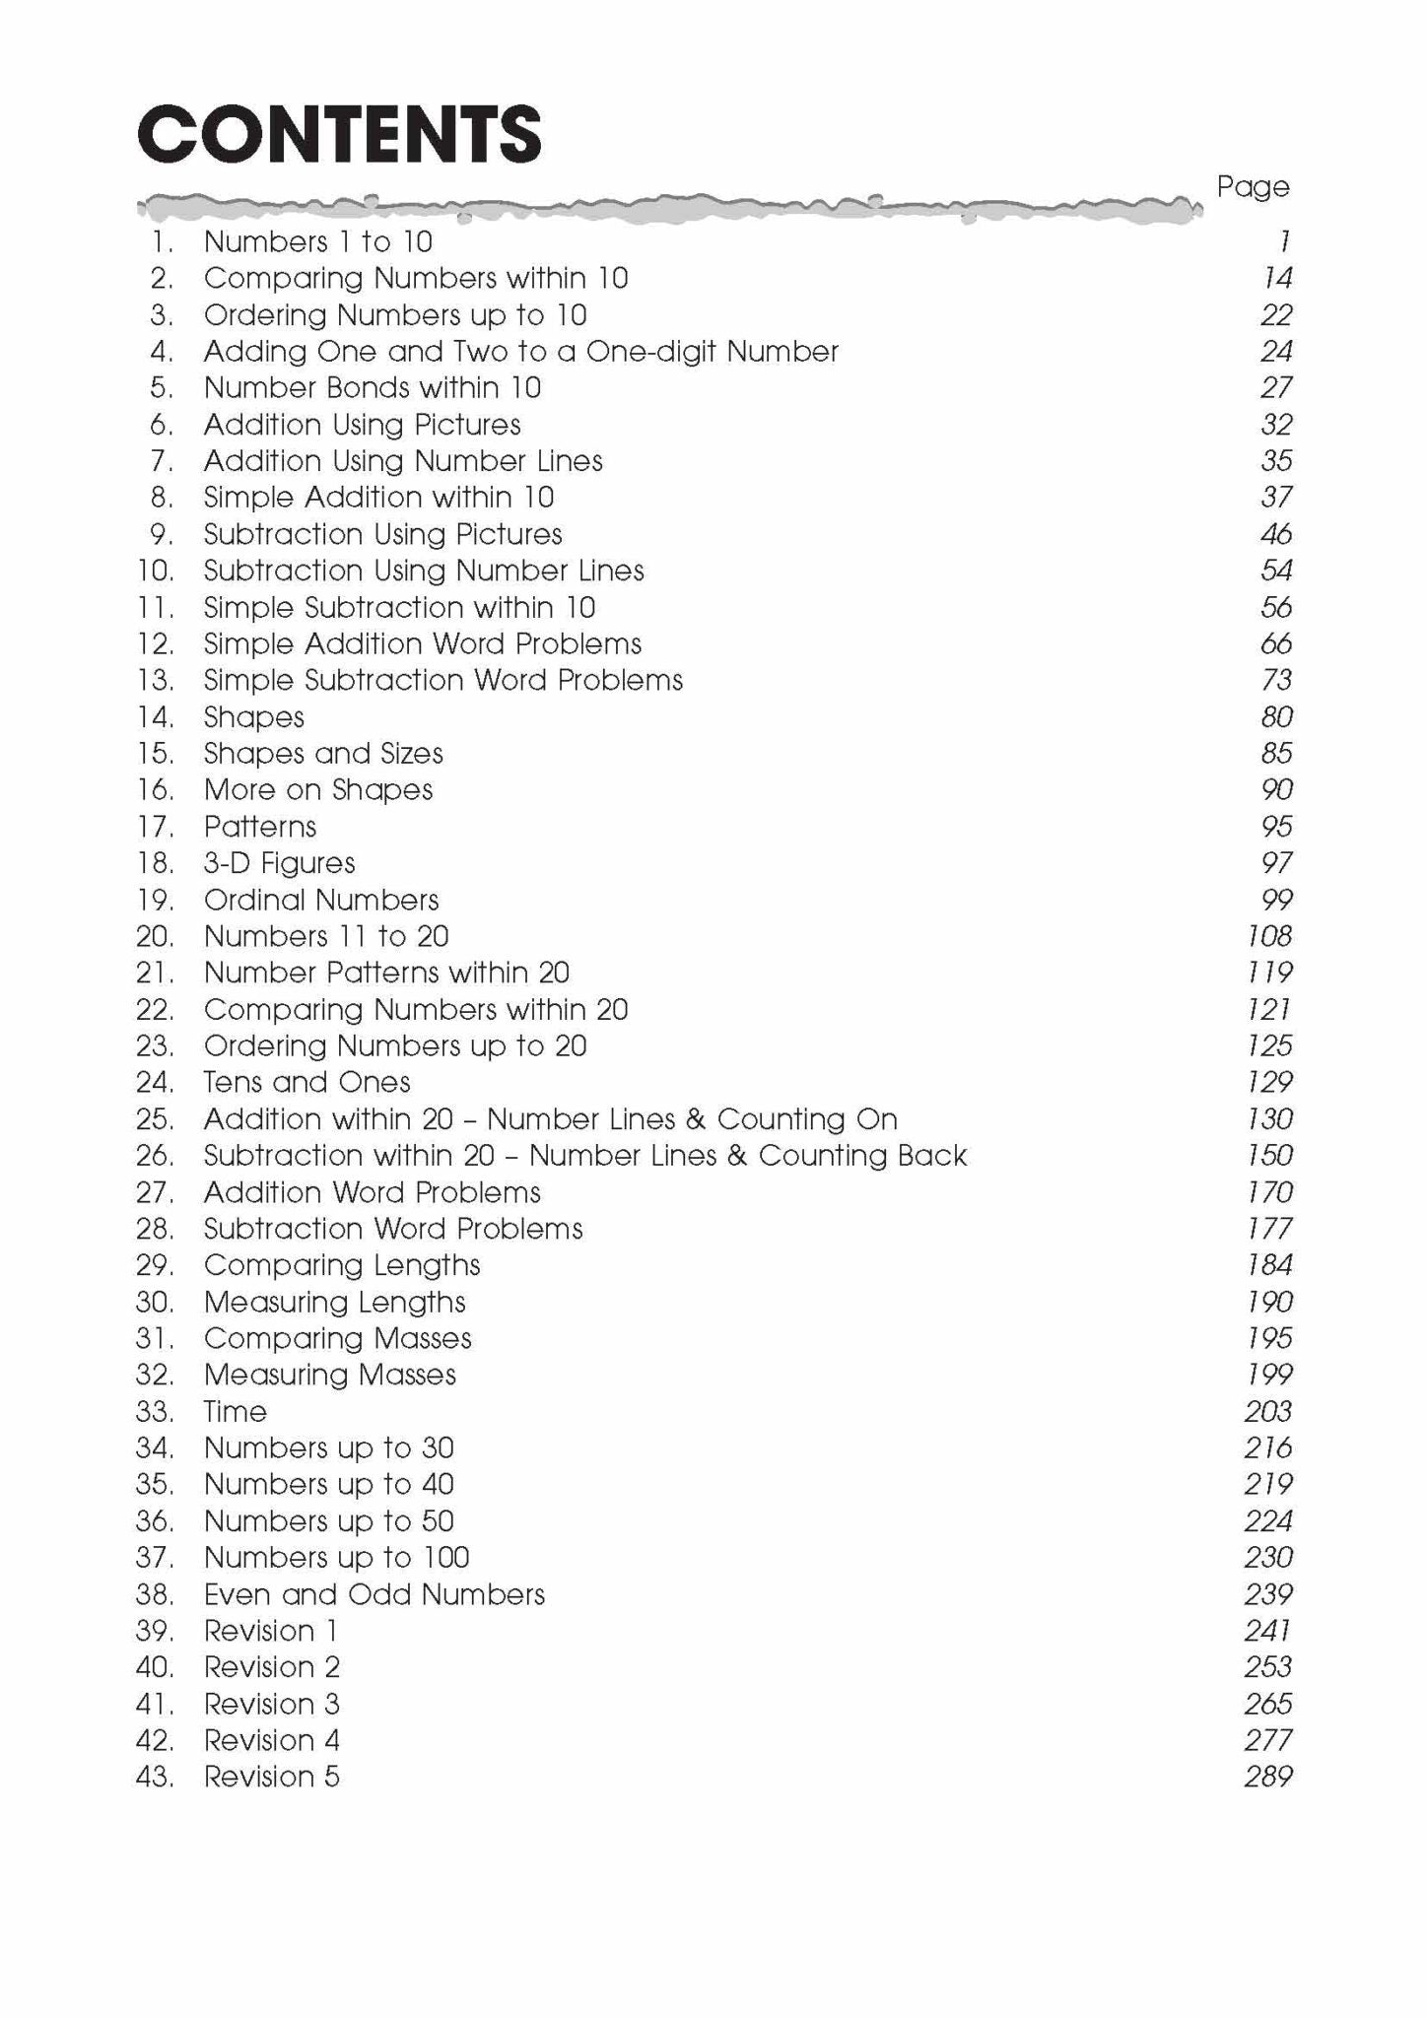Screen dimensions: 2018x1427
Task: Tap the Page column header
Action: coord(1253,186)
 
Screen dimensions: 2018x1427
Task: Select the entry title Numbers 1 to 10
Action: coord(317,241)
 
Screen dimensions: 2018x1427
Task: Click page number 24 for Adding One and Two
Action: coord(1276,351)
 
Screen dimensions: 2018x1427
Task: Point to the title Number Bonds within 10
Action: coord(373,387)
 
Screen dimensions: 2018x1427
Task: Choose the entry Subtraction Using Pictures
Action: coord(382,534)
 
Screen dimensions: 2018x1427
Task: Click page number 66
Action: coord(1276,643)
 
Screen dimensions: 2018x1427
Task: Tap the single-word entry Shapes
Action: coord(254,717)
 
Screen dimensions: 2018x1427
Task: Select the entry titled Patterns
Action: coord(260,827)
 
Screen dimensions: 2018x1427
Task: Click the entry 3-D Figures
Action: coord(279,863)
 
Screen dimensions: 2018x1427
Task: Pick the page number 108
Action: coord(1269,936)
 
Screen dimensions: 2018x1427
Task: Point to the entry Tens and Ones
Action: coord(306,1082)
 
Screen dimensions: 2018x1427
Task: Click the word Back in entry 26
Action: coord(932,1155)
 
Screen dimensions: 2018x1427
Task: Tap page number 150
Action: coord(1269,1155)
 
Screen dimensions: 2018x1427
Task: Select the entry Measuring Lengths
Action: coord(334,1302)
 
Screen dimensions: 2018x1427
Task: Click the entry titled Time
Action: coord(235,1411)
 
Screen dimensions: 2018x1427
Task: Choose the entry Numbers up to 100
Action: coord(336,1557)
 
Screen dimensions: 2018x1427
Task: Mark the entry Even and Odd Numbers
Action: coord(374,1594)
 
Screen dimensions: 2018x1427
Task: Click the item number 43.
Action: coord(155,1777)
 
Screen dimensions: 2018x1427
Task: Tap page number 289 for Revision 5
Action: coord(1268,1777)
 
